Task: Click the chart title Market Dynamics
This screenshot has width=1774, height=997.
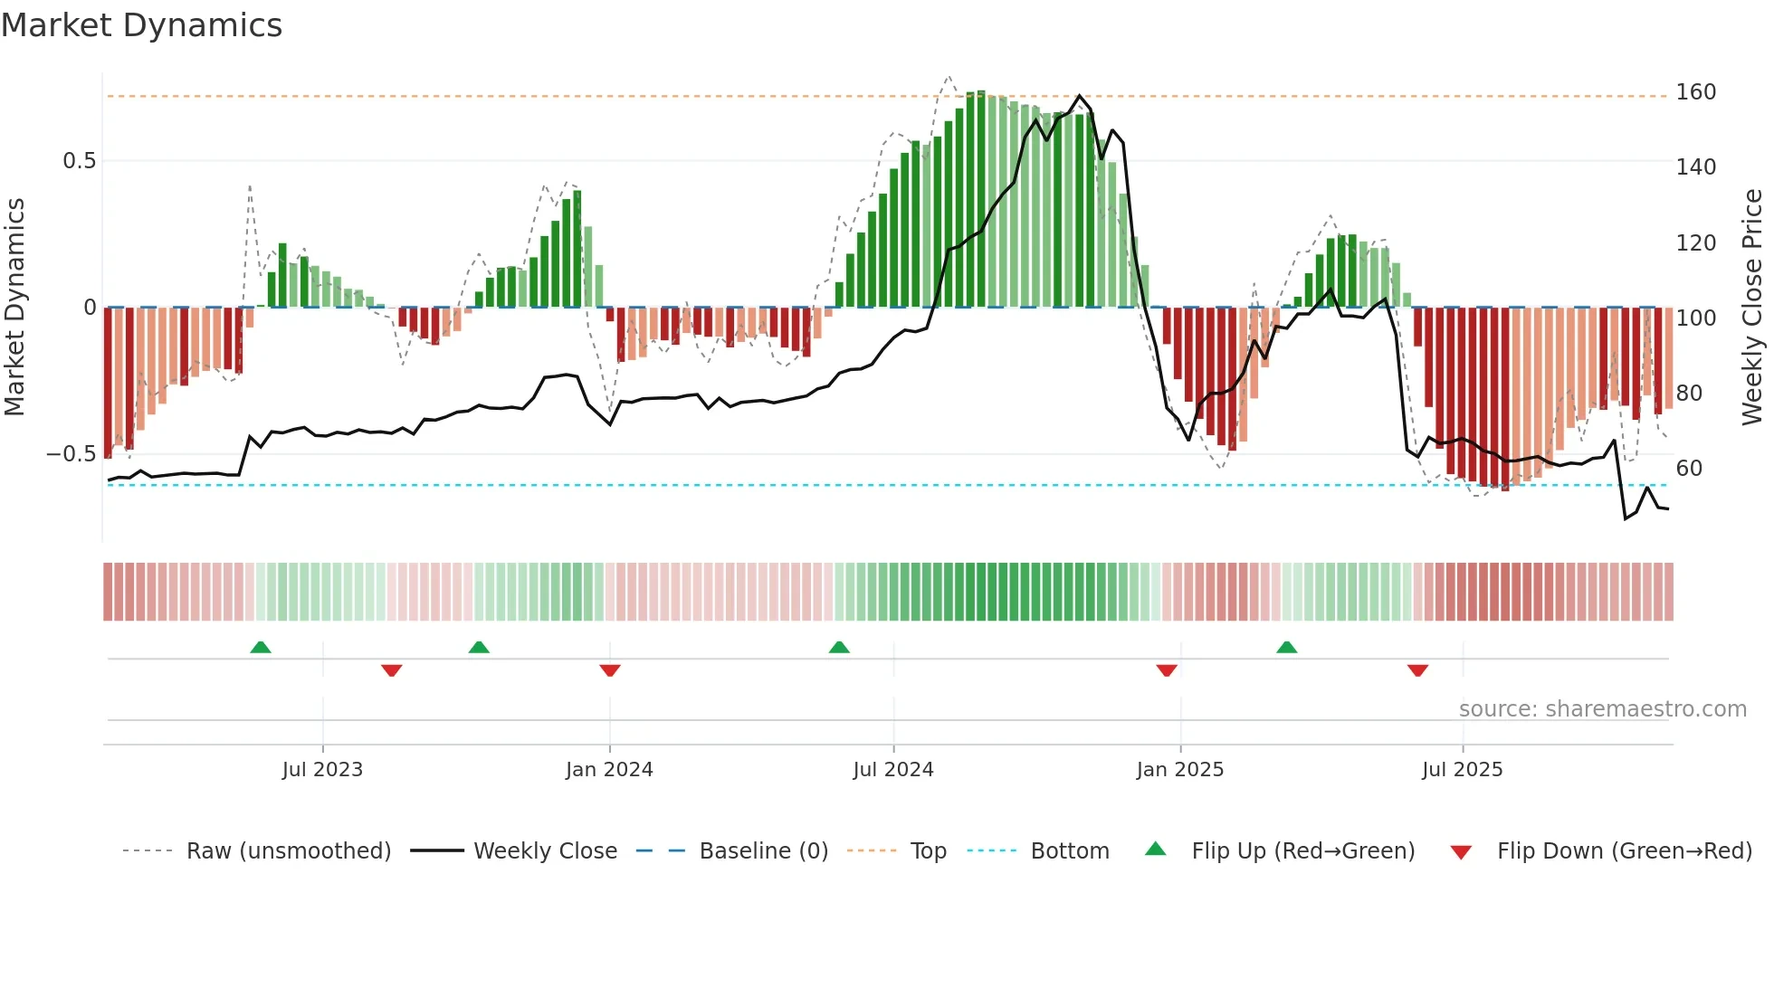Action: (141, 25)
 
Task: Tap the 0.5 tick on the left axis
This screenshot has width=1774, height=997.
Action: (79, 161)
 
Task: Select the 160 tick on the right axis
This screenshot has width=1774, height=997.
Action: (1695, 92)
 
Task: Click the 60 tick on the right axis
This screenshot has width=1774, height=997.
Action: (1688, 469)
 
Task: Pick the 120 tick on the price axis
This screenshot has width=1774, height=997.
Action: (1695, 243)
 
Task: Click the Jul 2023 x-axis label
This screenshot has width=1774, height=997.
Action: (322, 770)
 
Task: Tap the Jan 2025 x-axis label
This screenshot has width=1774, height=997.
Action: (1179, 770)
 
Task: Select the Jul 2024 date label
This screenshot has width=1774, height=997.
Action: (892, 770)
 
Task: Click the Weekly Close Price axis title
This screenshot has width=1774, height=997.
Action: (1752, 308)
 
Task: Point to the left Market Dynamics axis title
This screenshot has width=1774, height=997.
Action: (14, 308)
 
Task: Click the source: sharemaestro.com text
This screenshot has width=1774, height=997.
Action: (1602, 709)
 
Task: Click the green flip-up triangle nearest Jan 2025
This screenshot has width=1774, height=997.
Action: (1286, 647)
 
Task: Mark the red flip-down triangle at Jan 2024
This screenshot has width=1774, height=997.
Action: (609, 670)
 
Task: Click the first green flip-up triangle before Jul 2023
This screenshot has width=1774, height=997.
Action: (261, 647)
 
